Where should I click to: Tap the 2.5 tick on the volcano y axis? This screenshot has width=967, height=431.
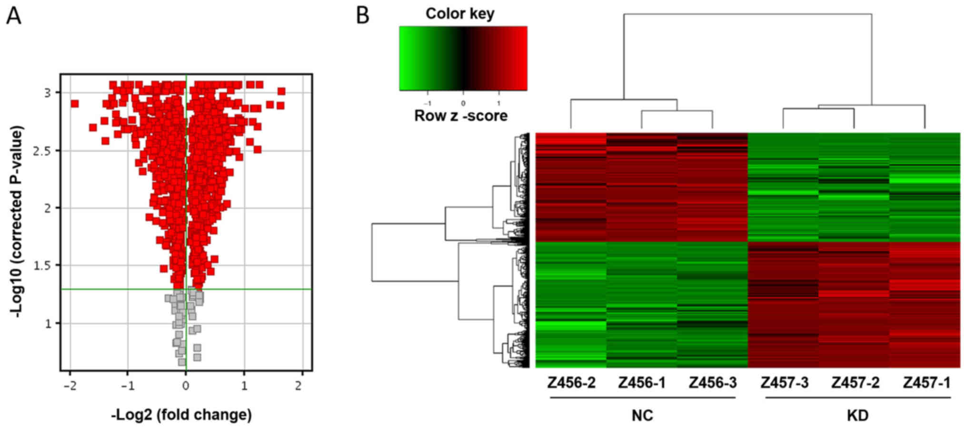[x=42, y=151]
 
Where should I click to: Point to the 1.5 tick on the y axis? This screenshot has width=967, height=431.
[x=42, y=265]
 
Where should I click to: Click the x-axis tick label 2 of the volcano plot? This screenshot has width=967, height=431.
[x=299, y=385]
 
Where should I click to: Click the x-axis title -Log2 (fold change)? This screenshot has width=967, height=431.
[x=181, y=414]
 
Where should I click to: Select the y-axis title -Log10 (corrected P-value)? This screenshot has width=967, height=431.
[x=17, y=222]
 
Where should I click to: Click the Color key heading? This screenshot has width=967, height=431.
[x=460, y=13]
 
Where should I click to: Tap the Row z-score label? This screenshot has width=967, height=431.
[x=461, y=116]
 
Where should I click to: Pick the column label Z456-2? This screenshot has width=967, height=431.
[x=571, y=383]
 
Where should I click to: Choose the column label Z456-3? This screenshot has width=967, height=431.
[x=713, y=383]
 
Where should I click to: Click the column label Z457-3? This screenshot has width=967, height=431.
[x=784, y=383]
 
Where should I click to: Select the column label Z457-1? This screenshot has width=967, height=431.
[x=927, y=383]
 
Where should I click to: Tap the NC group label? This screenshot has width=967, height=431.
[x=642, y=415]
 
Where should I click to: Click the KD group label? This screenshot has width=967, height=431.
[x=857, y=415]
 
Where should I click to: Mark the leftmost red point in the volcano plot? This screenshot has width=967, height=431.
[x=74, y=104]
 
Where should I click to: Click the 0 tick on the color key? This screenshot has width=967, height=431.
[x=463, y=103]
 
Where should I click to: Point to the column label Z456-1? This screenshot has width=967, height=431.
[x=642, y=383]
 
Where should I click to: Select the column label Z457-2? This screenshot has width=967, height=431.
[x=855, y=383]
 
